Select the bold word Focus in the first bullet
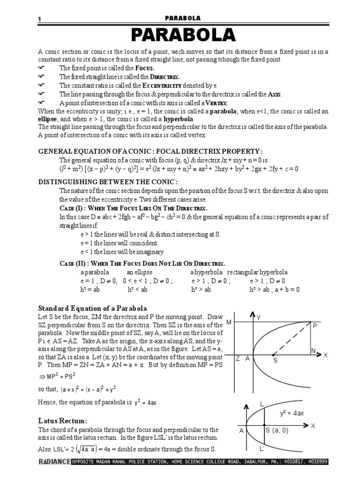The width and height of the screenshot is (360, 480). point(144,68)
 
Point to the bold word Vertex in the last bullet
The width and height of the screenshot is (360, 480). point(215,103)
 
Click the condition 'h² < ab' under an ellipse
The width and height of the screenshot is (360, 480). point(137,290)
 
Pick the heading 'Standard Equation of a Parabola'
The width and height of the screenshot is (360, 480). point(92,308)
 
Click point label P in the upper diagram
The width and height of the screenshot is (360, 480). point(315,325)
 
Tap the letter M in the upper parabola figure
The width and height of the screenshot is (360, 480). point(229,322)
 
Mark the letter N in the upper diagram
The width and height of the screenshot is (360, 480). point(313,351)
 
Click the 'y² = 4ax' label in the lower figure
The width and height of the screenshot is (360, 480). point(292,413)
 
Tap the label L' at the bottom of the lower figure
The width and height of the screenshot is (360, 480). point(262,449)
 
